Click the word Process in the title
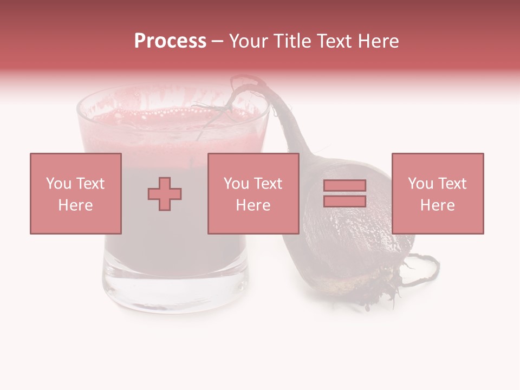[170, 41]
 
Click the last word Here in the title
[378, 41]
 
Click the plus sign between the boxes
[165, 194]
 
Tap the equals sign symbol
[344, 193]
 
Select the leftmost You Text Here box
[76, 194]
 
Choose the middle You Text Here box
[253, 194]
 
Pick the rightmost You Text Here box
[438, 194]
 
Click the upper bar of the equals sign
[344, 186]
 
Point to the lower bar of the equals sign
[344, 201]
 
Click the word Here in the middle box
[253, 205]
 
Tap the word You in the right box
[420, 184]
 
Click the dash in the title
[218, 41]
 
